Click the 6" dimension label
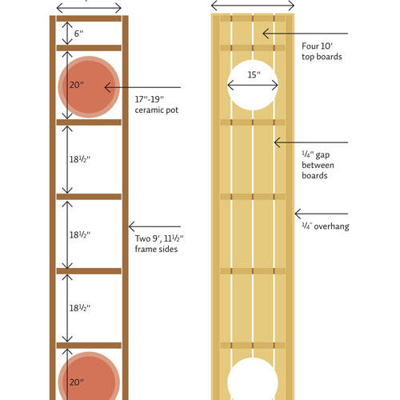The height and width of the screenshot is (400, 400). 78,34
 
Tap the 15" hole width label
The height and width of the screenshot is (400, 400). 254,74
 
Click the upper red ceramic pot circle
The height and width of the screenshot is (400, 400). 89,87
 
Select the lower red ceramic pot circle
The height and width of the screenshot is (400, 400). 89,376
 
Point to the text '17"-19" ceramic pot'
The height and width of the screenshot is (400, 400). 157,105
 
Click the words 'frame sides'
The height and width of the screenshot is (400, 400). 156,249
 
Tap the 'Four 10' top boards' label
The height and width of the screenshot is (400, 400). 322,51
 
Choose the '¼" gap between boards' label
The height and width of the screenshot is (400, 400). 318,165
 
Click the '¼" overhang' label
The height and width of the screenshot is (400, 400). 326,226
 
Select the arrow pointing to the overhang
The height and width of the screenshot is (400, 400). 322,214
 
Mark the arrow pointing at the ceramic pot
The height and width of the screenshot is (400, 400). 142,87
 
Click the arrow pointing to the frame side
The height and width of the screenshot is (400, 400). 154,226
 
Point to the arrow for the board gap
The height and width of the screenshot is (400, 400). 311,142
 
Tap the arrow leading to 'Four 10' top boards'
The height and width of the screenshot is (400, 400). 306,34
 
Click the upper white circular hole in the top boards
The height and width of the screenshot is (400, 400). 253,85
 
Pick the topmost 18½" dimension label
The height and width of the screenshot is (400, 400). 80,159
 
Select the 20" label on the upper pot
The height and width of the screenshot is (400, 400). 77,85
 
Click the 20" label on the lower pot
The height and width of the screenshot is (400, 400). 77,382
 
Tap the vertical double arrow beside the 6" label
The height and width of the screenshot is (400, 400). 67,34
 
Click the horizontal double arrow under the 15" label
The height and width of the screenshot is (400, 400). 253,86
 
